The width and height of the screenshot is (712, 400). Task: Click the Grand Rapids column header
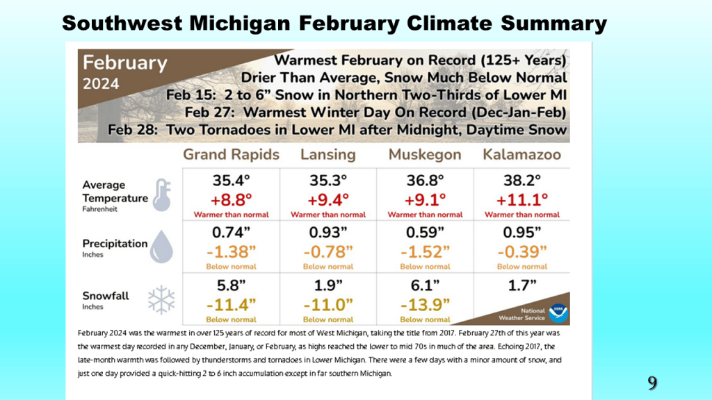click(231, 154)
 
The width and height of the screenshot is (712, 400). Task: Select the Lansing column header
click(327, 154)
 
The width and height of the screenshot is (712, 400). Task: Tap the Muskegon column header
click(425, 154)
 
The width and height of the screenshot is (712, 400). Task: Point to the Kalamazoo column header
click(521, 154)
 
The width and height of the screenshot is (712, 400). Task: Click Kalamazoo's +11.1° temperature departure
click(522, 200)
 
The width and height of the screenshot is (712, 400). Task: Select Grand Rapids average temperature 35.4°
click(231, 181)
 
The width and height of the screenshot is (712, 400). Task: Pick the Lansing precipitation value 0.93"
click(328, 232)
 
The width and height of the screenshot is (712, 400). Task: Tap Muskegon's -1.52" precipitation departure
click(425, 251)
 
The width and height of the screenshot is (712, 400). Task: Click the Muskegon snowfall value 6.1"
click(425, 285)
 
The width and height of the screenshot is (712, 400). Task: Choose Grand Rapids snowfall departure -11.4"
click(231, 304)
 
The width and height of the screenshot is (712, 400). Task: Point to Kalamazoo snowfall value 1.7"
click(522, 285)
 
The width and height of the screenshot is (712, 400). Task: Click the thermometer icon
click(161, 194)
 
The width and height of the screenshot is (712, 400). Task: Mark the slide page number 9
click(652, 382)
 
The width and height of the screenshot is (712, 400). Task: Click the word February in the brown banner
click(126, 63)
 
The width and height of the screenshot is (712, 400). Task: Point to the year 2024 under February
click(102, 84)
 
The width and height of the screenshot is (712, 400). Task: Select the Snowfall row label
click(106, 296)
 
